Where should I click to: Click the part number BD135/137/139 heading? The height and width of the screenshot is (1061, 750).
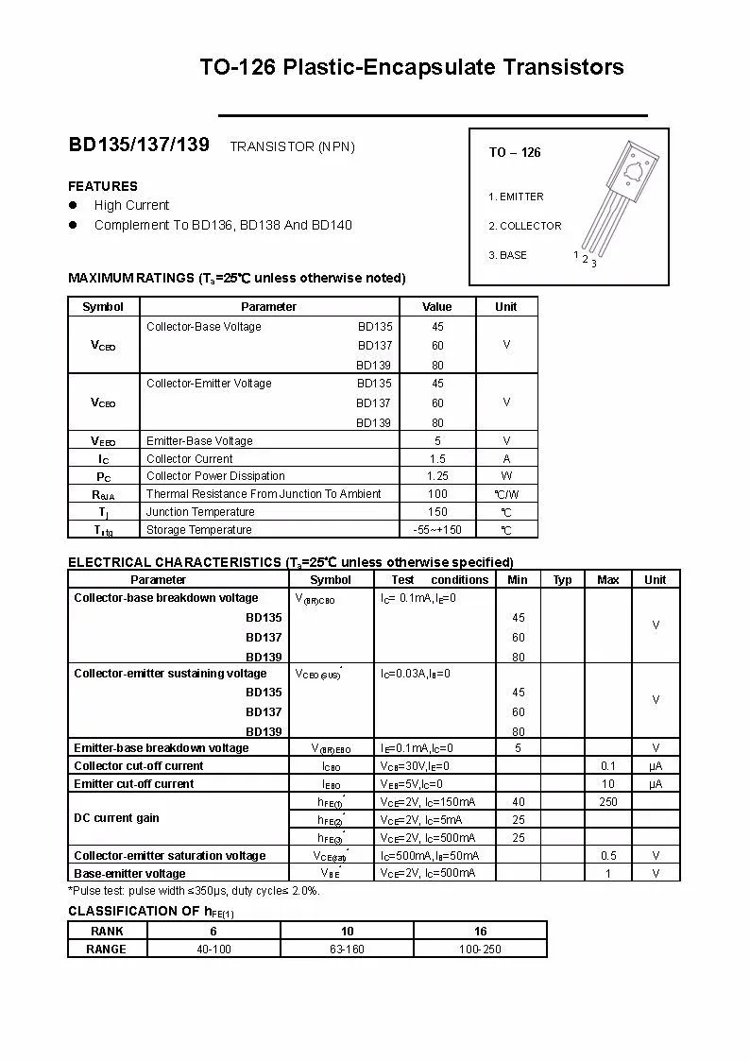139,145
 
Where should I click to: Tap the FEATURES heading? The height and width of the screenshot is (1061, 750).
103,186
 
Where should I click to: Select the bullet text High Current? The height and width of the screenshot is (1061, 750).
131,205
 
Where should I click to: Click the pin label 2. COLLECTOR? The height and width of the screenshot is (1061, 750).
525,226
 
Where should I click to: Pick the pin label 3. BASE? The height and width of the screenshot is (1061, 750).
508,255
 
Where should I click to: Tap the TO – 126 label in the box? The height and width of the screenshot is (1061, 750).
515,152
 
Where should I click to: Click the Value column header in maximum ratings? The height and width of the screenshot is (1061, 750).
437,306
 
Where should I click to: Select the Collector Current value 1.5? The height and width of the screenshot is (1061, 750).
437,458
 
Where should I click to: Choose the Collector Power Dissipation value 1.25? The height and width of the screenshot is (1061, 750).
437,476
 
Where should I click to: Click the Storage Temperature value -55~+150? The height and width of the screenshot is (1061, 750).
437,530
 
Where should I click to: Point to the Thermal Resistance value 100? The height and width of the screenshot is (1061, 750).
437,494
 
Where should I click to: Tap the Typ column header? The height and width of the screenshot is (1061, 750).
562,580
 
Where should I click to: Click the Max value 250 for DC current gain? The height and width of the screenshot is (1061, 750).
608,802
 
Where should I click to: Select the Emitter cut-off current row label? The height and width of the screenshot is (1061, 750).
134,784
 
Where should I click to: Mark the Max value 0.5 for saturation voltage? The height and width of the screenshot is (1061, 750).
608,856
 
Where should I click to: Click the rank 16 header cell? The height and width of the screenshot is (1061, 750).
480,932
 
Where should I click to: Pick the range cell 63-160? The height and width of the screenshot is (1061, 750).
347,949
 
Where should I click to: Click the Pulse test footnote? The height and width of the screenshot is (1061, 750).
194,890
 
